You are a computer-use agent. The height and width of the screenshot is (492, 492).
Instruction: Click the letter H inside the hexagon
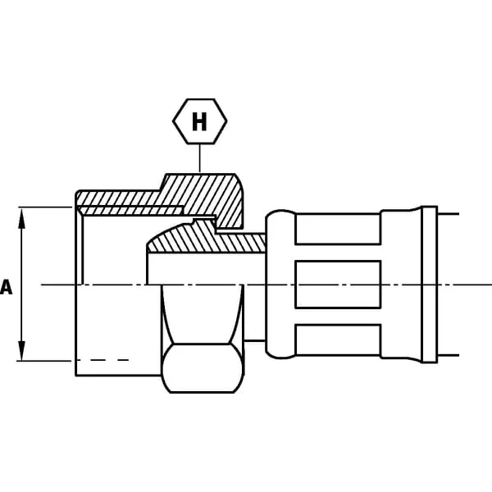point(199,121)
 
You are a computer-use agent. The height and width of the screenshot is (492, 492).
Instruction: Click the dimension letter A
point(6,287)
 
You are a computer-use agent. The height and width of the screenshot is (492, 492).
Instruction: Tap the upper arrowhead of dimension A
point(21,219)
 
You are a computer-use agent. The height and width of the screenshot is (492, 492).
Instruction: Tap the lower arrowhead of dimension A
point(21,351)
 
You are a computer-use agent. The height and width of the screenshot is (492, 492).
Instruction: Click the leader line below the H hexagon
point(199,158)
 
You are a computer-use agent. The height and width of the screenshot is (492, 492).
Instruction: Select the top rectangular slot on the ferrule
point(338,229)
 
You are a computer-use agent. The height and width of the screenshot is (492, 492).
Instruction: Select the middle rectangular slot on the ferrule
point(338,285)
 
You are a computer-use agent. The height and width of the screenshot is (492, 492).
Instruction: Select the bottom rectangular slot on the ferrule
point(338,340)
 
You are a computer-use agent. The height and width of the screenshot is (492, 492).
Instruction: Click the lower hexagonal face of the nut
point(203,368)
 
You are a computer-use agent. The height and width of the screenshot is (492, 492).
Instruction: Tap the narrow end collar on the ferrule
point(430,285)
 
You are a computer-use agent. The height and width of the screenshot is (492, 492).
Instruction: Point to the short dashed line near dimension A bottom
point(103,360)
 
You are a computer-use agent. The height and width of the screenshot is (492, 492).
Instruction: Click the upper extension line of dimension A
point(45,207)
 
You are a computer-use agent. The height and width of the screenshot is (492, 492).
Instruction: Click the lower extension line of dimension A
point(44,361)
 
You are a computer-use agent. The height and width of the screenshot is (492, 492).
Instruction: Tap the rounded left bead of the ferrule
point(280,285)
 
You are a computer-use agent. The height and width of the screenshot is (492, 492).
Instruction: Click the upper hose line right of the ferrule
point(448,214)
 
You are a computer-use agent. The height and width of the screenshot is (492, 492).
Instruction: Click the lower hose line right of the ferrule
point(448,356)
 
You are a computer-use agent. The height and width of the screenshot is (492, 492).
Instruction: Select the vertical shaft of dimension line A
point(21,285)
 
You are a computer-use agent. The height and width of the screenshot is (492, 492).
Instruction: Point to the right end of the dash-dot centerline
point(491,285)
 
